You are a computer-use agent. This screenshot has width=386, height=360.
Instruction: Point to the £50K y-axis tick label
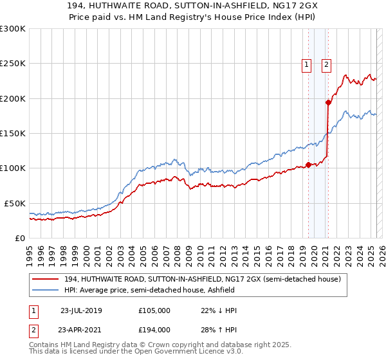click(x=14, y=203)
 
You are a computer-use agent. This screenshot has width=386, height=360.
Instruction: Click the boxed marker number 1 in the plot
click(x=307, y=64)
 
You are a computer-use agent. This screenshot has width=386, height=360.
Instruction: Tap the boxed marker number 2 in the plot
click(x=327, y=64)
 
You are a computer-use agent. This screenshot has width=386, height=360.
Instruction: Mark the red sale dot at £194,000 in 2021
click(x=328, y=102)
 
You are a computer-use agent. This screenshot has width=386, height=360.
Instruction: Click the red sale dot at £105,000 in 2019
click(x=308, y=165)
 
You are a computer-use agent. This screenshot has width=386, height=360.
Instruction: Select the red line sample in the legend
click(x=46, y=279)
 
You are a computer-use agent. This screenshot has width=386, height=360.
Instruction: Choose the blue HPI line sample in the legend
click(x=46, y=290)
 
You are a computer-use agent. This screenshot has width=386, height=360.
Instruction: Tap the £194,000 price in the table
click(x=154, y=330)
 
